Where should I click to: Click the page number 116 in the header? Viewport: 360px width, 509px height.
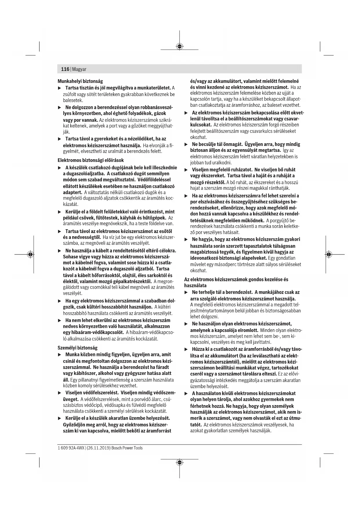point(65,69)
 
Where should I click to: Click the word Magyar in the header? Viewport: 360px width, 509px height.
point(79,69)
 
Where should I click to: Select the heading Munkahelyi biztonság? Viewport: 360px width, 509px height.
point(80,81)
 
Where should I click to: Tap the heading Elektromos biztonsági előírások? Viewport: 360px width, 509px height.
point(91,160)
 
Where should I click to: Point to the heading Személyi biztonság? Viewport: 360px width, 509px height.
point(77,348)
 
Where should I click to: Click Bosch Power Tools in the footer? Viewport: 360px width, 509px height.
point(127,448)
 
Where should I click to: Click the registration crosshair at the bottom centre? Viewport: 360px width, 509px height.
point(180,462)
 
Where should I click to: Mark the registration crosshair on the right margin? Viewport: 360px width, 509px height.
point(328,255)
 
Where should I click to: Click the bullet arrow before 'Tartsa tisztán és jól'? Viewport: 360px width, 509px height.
point(60,88)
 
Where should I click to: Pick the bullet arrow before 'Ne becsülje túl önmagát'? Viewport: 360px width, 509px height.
point(186,144)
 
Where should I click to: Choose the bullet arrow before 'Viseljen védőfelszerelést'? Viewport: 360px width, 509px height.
point(60,393)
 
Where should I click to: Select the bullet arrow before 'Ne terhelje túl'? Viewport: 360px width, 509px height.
point(186,292)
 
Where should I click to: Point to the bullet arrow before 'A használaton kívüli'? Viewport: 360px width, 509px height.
point(186,394)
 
